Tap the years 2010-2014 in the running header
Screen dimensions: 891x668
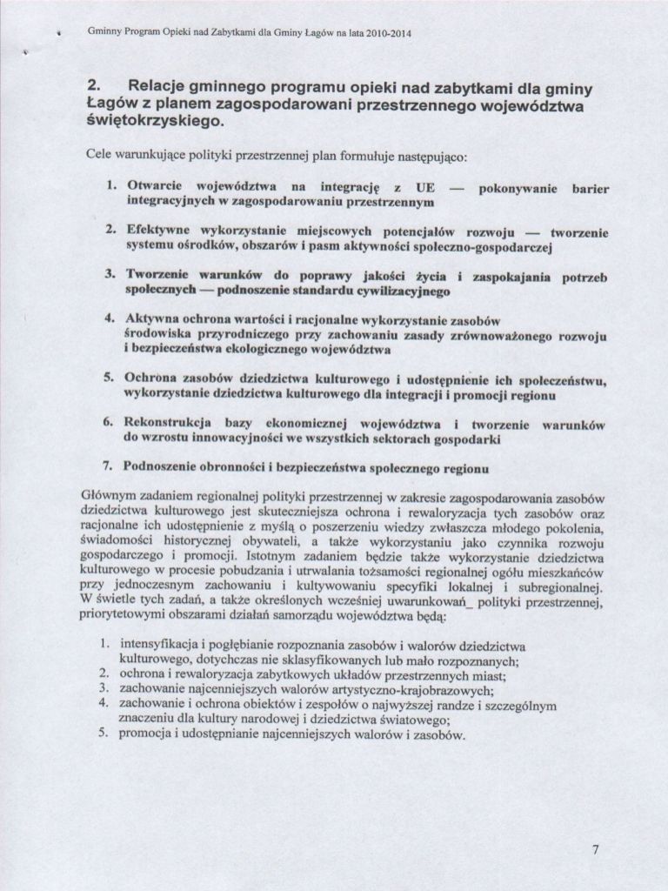click(x=382, y=34)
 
